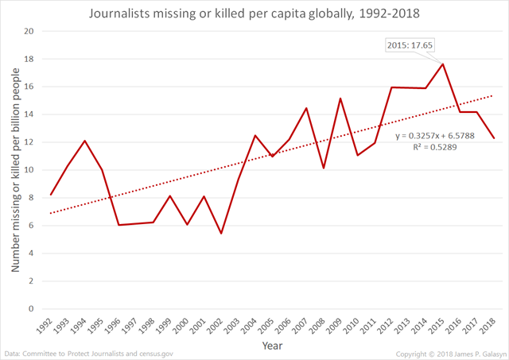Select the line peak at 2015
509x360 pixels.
point(443,64)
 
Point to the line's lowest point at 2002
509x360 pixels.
point(220,233)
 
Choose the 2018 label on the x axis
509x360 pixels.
point(494,326)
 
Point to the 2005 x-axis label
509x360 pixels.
point(271,326)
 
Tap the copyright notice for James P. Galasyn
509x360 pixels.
point(449,353)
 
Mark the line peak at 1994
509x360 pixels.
point(84,141)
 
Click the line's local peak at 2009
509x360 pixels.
point(340,99)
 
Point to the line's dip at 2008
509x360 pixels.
point(323,168)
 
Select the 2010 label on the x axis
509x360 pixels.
point(357,326)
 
